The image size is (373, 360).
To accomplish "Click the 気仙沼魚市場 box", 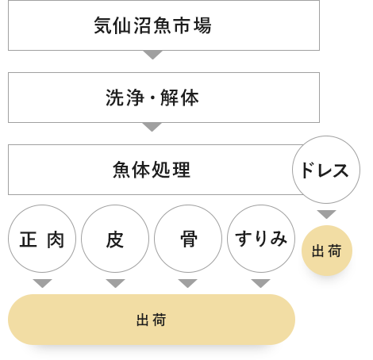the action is (163, 25).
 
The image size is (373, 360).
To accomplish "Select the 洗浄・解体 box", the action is (163, 98).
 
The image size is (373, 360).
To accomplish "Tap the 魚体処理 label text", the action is (152, 170).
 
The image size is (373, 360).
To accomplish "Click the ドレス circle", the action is (326, 170).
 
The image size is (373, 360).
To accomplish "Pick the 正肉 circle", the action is (42, 239).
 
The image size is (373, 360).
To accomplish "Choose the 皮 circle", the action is (115, 239).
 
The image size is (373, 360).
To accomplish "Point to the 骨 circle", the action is (188, 239).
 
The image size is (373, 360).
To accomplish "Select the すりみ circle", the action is (261, 239).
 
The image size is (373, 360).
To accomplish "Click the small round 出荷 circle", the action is (327, 251).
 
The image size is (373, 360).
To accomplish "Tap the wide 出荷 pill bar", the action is (152, 320).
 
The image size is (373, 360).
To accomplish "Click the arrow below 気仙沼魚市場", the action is (152, 55).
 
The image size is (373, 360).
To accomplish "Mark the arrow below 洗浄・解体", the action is (152, 127).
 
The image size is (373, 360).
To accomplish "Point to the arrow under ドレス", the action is (327, 214).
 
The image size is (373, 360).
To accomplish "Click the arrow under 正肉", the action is (43, 283).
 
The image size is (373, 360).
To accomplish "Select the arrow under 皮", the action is (115, 283).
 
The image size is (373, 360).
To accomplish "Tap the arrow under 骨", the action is (188, 283).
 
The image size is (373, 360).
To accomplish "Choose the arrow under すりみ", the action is (261, 283).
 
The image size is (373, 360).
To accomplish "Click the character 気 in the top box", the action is (102, 25).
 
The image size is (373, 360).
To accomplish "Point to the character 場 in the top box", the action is (202, 25).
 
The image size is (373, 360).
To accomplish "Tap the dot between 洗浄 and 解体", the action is (152, 98).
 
